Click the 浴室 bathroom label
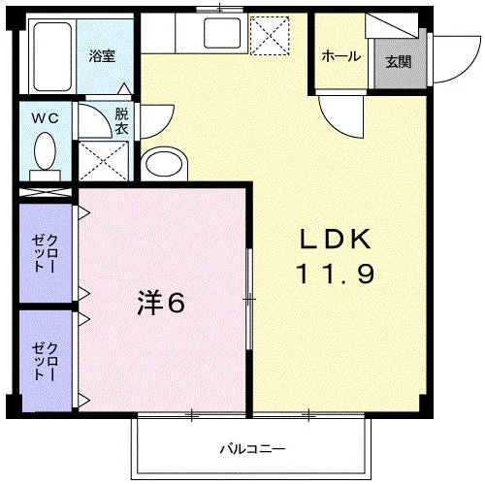pos(102,56)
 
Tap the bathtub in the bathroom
pos(52,57)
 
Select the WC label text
pos(46,118)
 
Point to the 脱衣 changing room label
pos(121,121)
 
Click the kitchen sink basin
pos(222,33)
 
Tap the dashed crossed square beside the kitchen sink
pos(270,36)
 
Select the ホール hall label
pos(341,56)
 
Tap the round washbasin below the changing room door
pos(164,164)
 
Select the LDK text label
pos(336,240)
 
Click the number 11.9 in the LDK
pos(336,274)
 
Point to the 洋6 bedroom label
pos(161,303)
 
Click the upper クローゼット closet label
pos(46,253)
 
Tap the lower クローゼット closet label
pos(46,362)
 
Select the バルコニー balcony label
pos(253,449)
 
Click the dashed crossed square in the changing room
pos(104,161)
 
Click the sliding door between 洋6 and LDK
pos(249,299)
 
